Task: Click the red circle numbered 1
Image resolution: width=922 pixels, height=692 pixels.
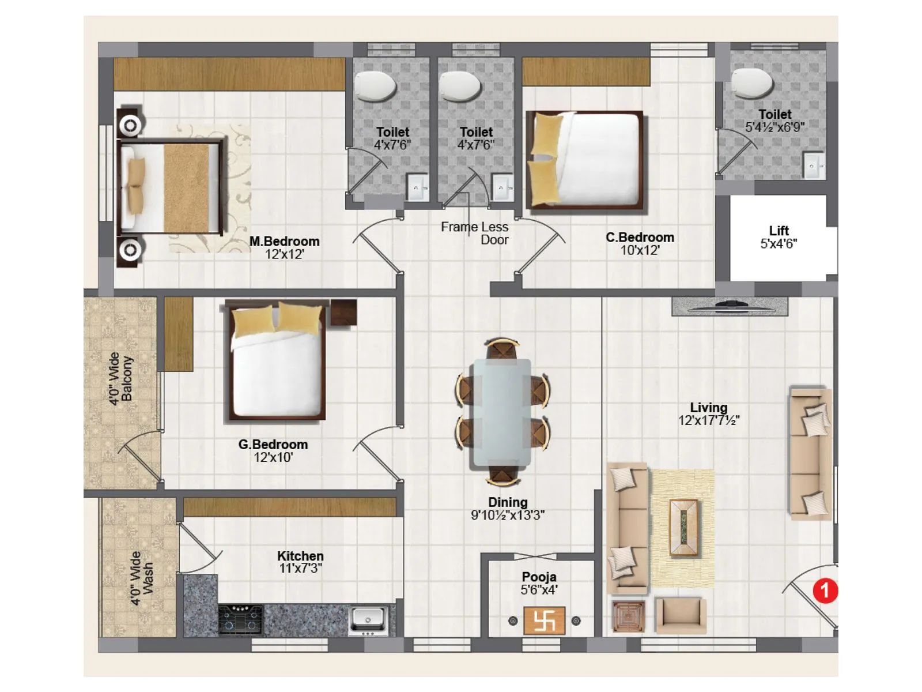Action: point(825,591)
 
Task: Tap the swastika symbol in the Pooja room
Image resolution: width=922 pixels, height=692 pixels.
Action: point(544,621)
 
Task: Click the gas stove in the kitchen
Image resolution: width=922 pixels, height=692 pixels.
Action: point(240,620)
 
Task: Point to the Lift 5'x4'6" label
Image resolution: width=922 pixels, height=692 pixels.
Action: point(779,237)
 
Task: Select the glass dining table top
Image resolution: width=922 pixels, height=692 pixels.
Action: point(501,412)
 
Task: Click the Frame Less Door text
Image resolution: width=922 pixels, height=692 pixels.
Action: point(475,233)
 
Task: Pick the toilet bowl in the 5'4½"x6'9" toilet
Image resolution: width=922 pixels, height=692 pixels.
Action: point(752,83)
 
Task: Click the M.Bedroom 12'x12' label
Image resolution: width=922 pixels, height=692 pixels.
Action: point(284,247)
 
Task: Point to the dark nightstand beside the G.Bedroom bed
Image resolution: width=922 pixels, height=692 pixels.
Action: point(343,313)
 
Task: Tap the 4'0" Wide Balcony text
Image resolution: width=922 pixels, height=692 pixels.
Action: point(121,379)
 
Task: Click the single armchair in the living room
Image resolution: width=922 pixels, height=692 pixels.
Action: point(681,616)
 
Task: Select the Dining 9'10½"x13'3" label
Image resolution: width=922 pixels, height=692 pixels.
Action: point(507,509)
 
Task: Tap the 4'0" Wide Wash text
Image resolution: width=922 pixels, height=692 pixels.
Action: point(142,578)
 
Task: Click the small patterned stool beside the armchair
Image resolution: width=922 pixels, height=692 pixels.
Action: point(628,616)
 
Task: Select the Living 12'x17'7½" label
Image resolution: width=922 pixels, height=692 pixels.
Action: point(708,414)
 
